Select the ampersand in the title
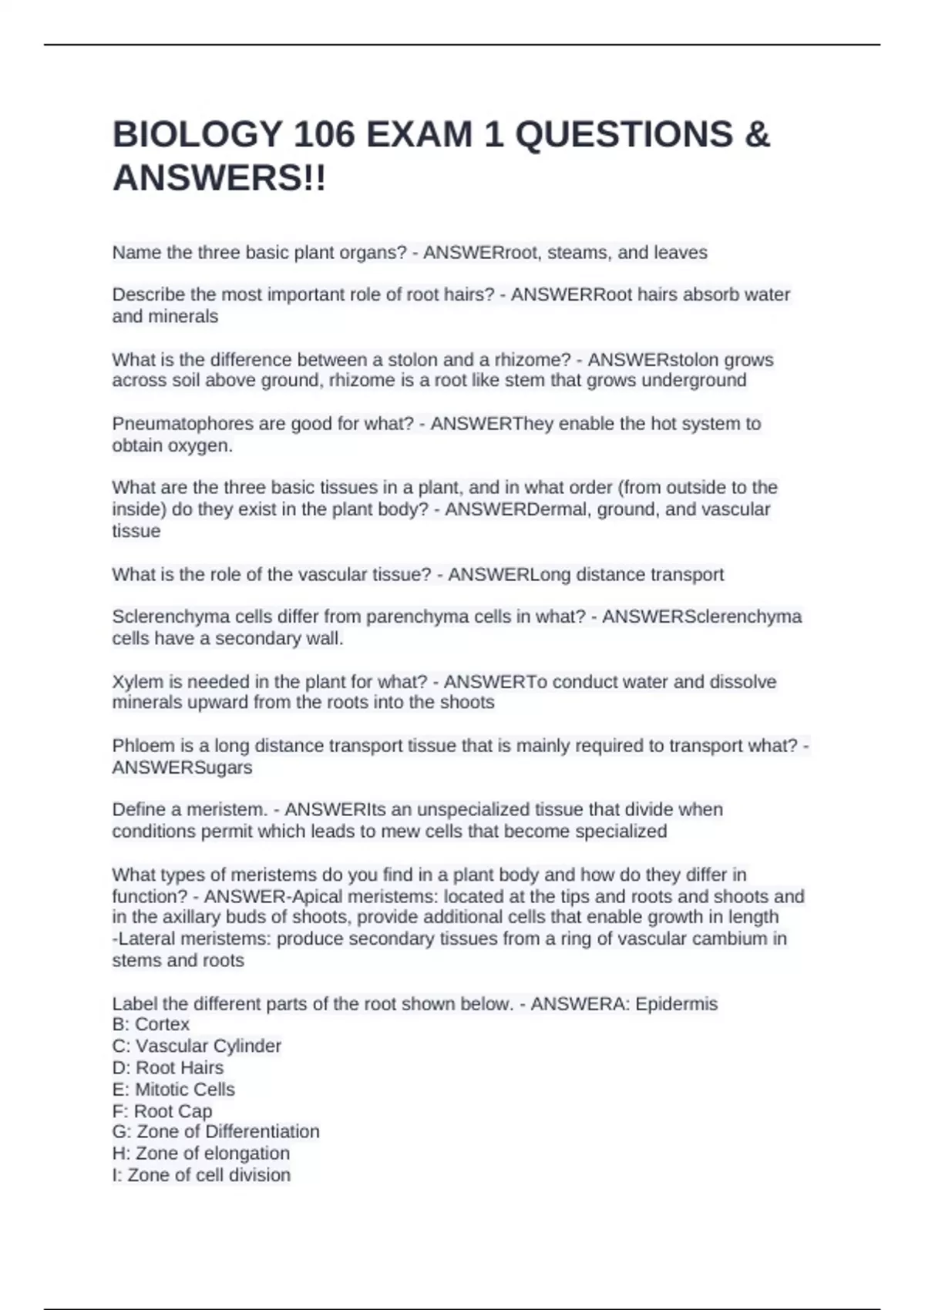coord(758,135)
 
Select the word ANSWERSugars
coord(182,768)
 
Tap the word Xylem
coord(138,682)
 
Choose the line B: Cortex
coord(151,1024)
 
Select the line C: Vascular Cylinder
coord(197,1046)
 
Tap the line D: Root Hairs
coord(168,1067)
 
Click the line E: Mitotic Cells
coord(173,1089)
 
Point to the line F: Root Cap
coord(162,1111)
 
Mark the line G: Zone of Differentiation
coord(216,1131)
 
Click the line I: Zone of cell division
coord(201,1175)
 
